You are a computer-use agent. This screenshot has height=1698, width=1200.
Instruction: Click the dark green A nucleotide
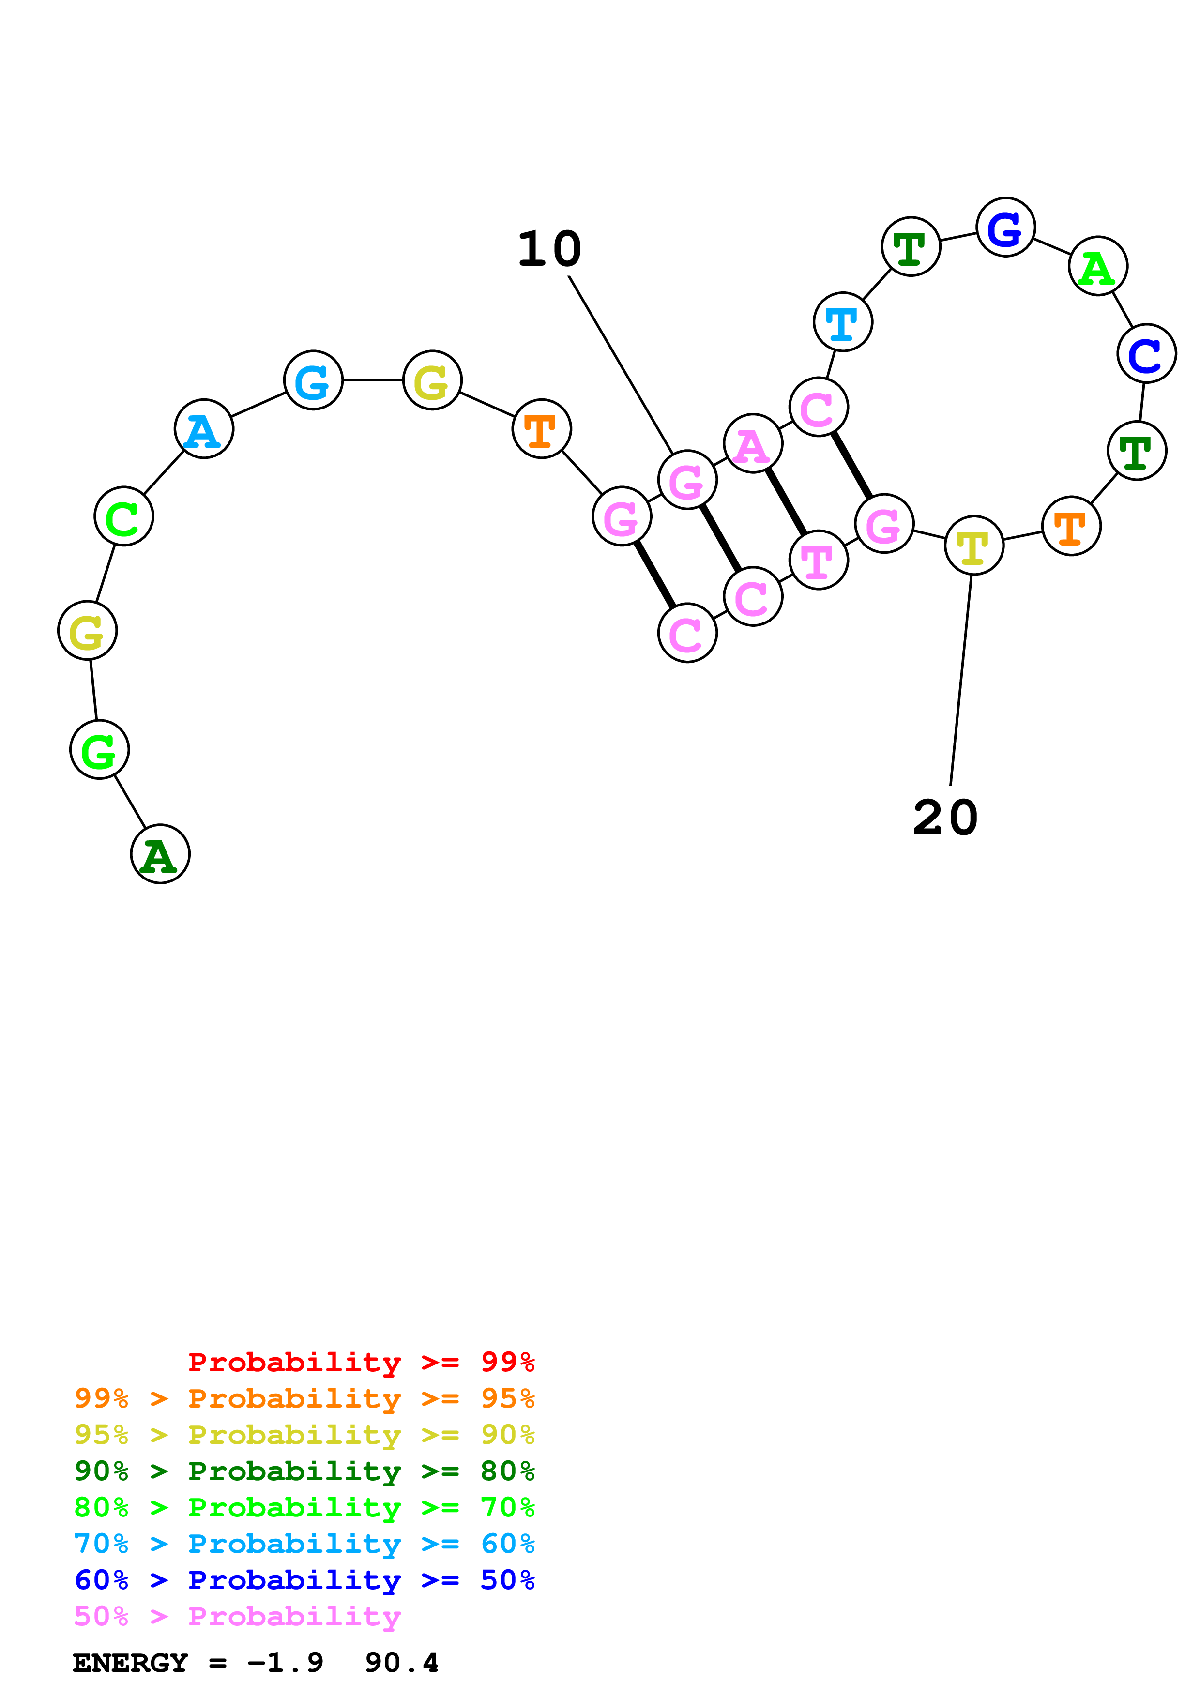[160, 854]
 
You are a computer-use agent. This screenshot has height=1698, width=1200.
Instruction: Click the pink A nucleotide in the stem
[753, 444]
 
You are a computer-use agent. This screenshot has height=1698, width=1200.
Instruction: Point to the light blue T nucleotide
[843, 322]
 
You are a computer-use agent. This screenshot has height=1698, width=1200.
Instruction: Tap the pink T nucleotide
[819, 560]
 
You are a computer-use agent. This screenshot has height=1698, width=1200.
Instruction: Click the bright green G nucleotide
[99, 749]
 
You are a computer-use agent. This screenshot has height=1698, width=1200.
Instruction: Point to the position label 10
[549, 249]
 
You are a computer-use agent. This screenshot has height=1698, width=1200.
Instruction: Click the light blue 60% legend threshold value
[507, 1544]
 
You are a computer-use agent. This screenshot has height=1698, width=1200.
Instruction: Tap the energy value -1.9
[286, 1663]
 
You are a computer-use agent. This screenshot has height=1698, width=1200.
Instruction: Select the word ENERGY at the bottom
[130, 1663]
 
